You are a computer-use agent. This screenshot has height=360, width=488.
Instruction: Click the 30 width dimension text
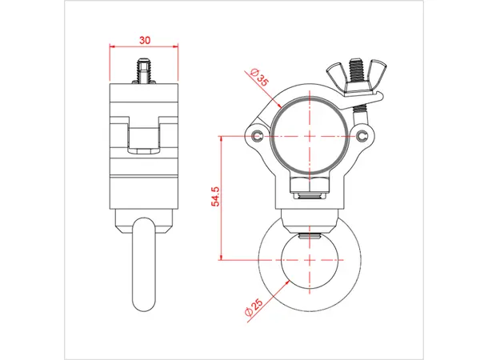pos(144,38)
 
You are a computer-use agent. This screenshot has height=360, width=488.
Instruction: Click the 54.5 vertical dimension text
pos(215,198)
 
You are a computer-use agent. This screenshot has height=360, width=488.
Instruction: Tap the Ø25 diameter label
pos(255,306)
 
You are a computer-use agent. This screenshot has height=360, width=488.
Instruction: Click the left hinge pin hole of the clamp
pos(258,135)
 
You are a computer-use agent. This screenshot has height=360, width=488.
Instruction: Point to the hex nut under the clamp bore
pos(309,189)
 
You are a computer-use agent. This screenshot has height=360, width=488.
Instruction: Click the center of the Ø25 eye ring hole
pos(309,260)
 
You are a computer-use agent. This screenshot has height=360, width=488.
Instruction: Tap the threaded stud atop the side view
pos(144,70)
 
